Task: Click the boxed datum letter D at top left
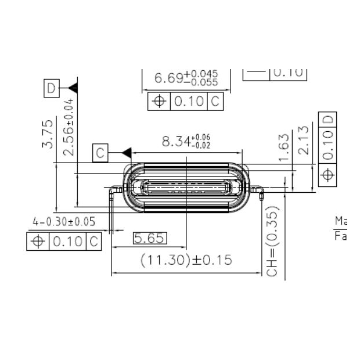[x=52, y=88]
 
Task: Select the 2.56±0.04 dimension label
[x=69, y=127]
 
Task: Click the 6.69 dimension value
[x=186, y=77]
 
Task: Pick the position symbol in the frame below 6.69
[x=159, y=101]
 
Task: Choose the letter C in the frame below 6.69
[x=215, y=101]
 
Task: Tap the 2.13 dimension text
[x=304, y=140]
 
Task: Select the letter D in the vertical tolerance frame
[x=328, y=120]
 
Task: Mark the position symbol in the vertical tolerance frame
[x=328, y=175]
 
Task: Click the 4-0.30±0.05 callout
[x=64, y=222]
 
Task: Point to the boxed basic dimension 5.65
[x=150, y=237]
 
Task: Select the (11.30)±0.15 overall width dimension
[x=186, y=260]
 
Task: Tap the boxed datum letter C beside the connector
[x=100, y=153]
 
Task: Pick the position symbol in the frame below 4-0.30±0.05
[x=38, y=241]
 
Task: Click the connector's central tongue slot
[x=186, y=188]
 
